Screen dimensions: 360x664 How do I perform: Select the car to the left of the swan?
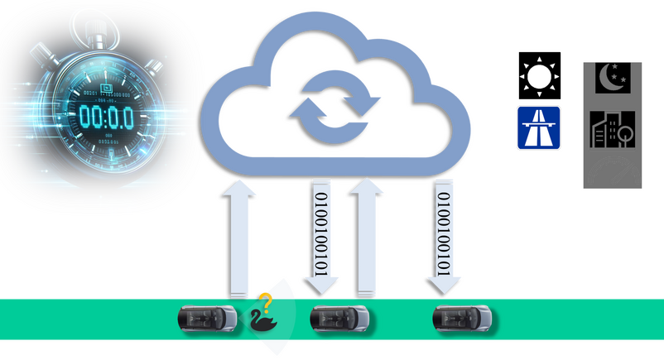coord(208,317)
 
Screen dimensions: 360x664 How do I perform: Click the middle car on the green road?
coord(338,317)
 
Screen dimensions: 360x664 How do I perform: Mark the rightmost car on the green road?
coord(464,317)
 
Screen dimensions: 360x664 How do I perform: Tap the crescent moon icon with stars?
coord(613,77)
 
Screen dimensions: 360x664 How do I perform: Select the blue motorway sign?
coord(539,127)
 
